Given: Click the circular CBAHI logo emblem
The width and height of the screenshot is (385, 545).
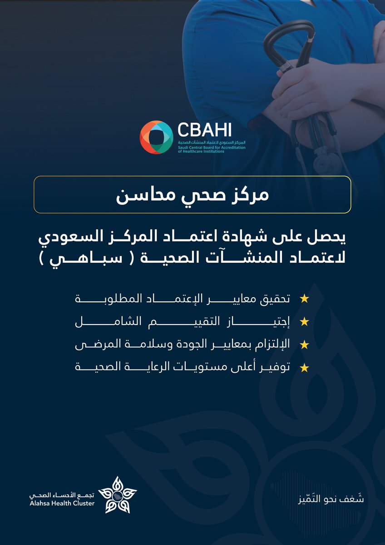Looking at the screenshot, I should [156, 137].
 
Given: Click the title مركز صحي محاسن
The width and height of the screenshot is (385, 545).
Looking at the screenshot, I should [192, 194].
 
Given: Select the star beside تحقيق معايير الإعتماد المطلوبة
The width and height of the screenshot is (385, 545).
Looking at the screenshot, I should [305, 299].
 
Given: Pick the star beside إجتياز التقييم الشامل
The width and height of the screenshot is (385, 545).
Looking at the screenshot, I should [305, 322].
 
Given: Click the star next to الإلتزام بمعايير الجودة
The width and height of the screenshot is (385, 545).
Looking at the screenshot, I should [305, 345].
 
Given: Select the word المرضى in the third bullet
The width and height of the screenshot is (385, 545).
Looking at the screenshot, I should [90, 345].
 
